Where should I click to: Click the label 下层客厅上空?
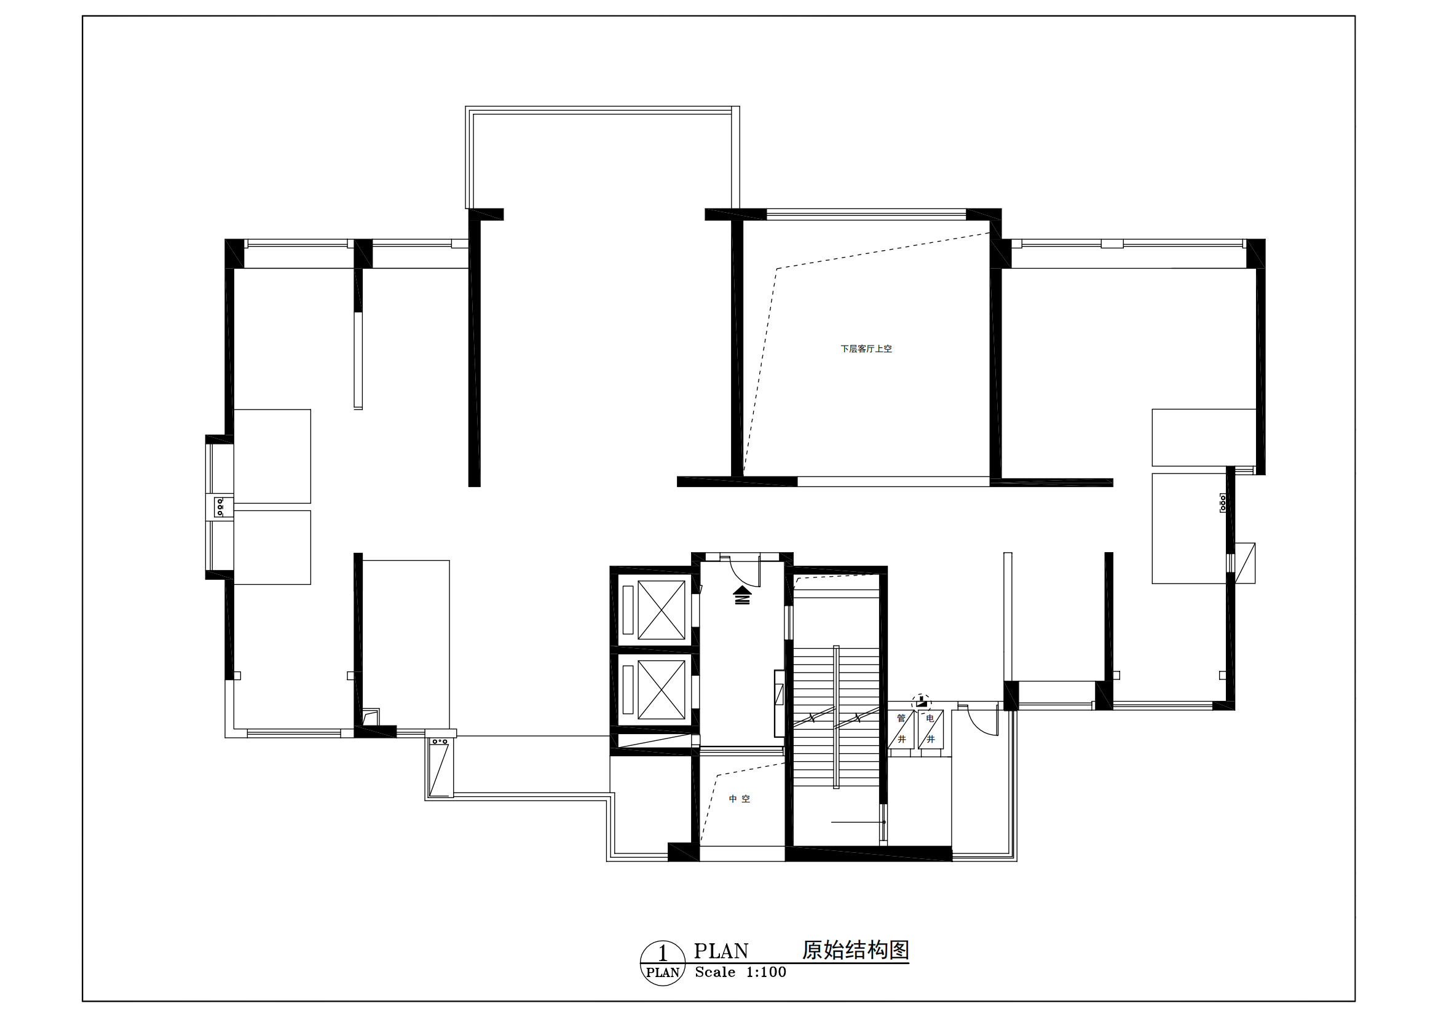tap(866, 349)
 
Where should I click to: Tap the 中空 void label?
tap(739, 799)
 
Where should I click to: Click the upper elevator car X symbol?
tap(662, 610)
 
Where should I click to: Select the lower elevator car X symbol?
tap(662, 689)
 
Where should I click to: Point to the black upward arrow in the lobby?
tap(742, 595)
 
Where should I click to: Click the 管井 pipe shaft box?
tap(901, 729)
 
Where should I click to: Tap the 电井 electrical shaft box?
tap(931, 729)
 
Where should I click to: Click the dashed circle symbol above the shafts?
tap(922, 703)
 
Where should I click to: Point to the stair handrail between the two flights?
tap(836, 717)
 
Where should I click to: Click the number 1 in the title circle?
tap(663, 954)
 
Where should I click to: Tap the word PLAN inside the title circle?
tap(663, 973)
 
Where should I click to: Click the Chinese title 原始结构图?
tap(856, 950)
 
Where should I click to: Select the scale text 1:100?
tap(766, 973)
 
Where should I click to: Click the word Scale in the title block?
tap(715, 973)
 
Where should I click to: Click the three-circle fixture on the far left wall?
tap(219, 507)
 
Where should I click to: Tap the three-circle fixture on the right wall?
tap(1223, 503)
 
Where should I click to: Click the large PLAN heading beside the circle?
tap(721, 951)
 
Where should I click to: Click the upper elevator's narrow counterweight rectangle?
tap(628, 610)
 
